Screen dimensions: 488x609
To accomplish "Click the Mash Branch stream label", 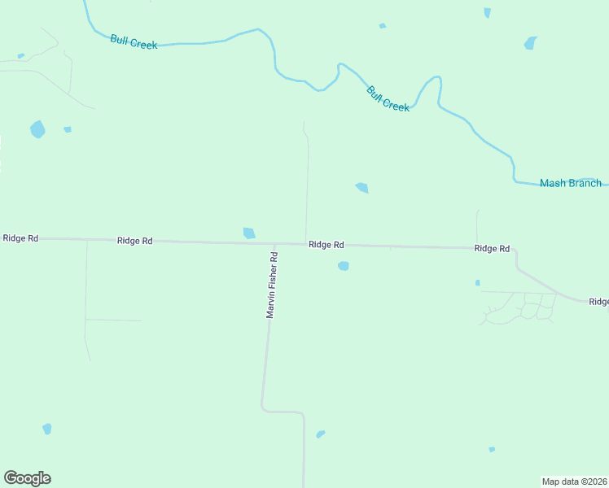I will (570, 183).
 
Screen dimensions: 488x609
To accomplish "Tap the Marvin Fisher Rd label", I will (273, 285).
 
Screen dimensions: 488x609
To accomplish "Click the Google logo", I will (27, 478).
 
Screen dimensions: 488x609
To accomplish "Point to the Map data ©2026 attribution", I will (574, 481).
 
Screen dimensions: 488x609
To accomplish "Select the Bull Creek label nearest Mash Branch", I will (388, 98).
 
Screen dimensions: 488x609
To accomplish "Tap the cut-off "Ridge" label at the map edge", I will (598, 302).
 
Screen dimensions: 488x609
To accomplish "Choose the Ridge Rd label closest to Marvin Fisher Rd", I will (326, 245).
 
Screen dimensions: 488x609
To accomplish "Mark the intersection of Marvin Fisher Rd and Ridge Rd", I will (274, 243).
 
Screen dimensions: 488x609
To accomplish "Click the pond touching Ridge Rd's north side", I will (249, 233).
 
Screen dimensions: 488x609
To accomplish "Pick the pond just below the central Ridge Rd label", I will (344, 266).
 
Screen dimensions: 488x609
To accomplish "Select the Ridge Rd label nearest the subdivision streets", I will (492, 248).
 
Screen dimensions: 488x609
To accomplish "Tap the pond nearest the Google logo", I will (47, 429).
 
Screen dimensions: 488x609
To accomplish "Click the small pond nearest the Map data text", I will (492, 449).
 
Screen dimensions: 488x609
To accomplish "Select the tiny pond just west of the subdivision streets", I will (478, 283).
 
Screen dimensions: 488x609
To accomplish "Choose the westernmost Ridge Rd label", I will (20, 238).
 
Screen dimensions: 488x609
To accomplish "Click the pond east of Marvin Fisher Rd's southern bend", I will (321, 434).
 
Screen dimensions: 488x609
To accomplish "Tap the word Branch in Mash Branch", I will (585, 183).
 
